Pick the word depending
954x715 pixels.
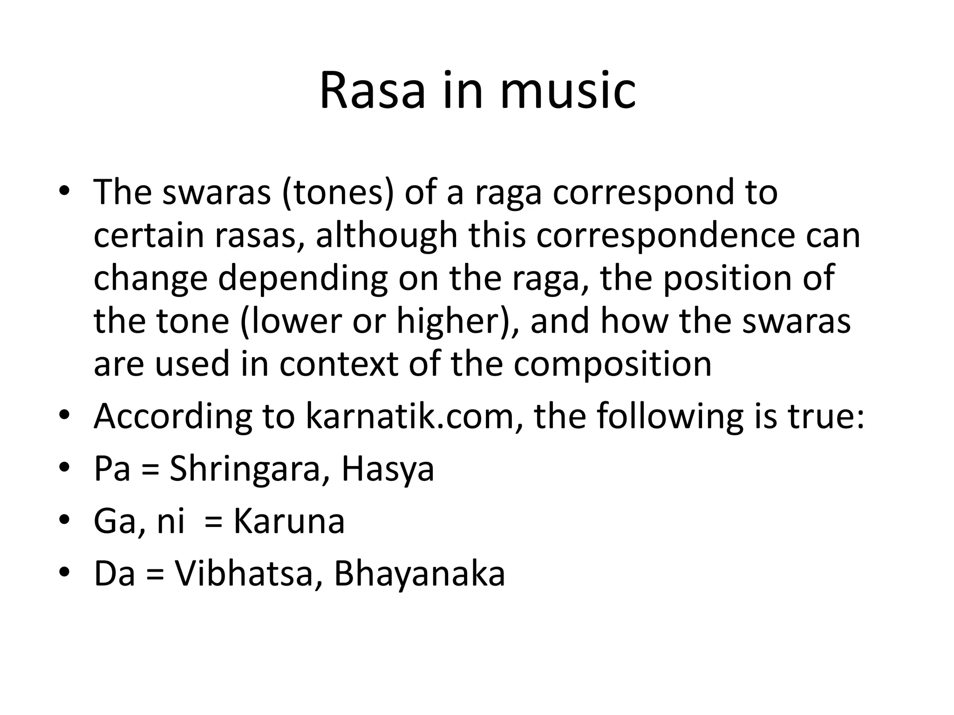click(303, 278)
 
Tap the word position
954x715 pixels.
click(724, 278)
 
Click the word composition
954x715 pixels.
click(613, 364)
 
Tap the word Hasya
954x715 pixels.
click(388, 469)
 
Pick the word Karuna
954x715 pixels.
click(289, 521)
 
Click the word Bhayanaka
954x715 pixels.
click(419, 573)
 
